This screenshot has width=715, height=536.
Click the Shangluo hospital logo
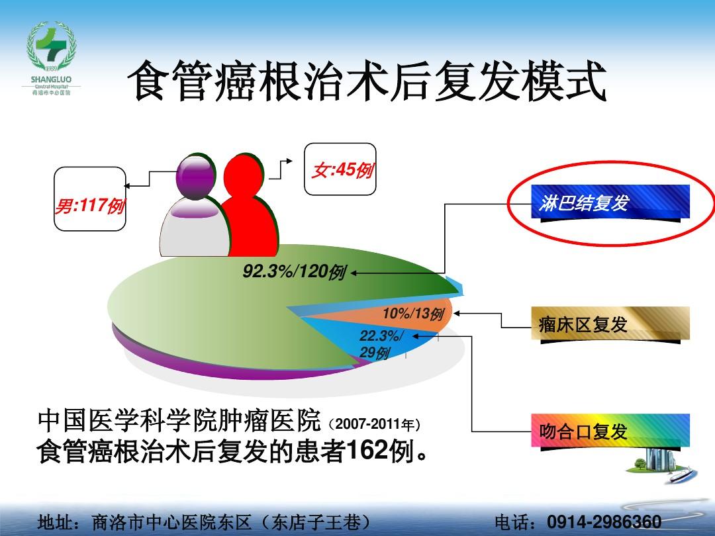[x=51, y=58]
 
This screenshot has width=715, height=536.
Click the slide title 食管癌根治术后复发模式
[x=367, y=81]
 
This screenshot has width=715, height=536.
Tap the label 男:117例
[x=89, y=206]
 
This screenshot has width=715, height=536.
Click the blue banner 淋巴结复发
[x=610, y=203]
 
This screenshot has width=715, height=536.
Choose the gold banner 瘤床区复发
[x=610, y=324]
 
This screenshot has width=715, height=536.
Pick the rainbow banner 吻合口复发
[x=610, y=431]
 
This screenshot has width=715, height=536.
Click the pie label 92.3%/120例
[x=294, y=272]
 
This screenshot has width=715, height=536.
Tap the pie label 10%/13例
[x=413, y=314]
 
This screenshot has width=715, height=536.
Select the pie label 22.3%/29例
[x=381, y=344]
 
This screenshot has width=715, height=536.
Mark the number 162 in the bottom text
[x=367, y=451]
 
